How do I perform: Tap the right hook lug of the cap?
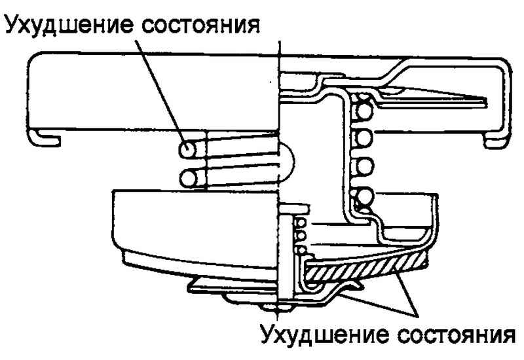pos(495,138)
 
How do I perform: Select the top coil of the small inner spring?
pos(301,221)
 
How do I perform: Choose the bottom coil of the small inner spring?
pos(302,247)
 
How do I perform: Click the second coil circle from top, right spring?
pos(362,137)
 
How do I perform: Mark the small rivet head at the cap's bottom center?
pos(275,305)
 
